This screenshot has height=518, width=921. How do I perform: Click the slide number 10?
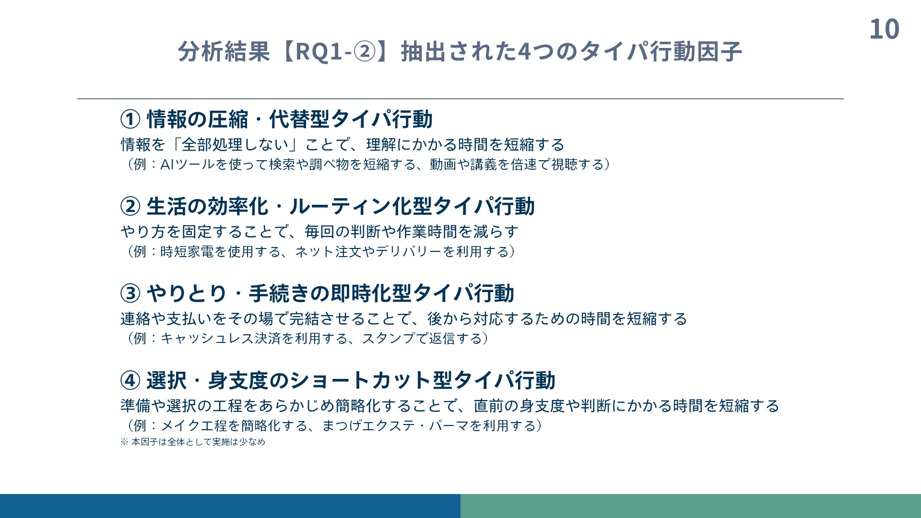(x=884, y=29)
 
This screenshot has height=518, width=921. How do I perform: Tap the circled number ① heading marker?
(x=130, y=119)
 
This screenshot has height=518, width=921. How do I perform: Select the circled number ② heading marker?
(x=130, y=207)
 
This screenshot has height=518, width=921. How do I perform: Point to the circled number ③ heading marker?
(x=130, y=294)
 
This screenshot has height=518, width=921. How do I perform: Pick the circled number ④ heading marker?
(x=130, y=381)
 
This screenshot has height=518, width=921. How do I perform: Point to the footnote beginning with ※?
(x=193, y=442)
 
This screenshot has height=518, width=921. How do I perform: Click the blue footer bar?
(x=230, y=506)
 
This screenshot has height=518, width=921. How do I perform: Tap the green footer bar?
(x=691, y=506)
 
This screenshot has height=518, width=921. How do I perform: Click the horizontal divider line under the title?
(x=460, y=99)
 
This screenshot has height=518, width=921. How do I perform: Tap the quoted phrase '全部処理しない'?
(x=235, y=145)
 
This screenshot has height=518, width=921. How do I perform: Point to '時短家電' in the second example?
(x=187, y=252)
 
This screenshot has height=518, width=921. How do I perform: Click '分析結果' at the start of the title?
(x=224, y=51)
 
